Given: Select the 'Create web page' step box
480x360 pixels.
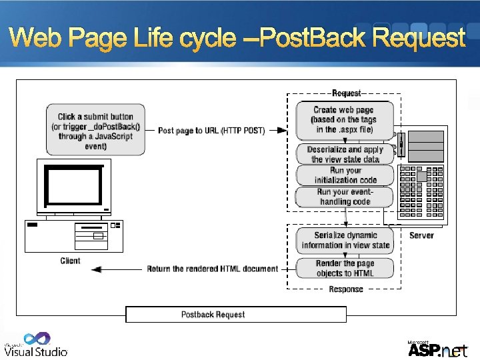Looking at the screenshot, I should click(x=345, y=119).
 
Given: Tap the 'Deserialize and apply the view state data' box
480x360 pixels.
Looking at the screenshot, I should click(x=345, y=155).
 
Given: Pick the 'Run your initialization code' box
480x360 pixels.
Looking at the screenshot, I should click(x=345, y=175).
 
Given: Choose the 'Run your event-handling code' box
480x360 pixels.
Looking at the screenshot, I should click(x=345, y=197).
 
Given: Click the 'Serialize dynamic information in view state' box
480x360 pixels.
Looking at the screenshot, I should click(x=345, y=240).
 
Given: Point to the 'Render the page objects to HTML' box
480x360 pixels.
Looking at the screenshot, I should click(x=345, y=269).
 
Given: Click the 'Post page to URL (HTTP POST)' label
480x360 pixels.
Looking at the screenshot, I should click(x=211, y=131).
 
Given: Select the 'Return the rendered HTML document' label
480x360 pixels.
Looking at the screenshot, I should click(x=213, y=269).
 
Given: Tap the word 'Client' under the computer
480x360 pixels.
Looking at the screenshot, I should click(x=70, y=261).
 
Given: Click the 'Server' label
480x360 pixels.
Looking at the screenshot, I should click(x=421, y=235).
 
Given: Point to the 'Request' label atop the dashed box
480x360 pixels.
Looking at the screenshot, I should click(x=346, y=93).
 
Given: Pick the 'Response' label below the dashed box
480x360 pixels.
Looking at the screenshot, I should click(x=346, y=289).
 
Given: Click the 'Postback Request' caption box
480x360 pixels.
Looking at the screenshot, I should click(x=213, y=314).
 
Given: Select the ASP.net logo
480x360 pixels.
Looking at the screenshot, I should click(x=437, y=349).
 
